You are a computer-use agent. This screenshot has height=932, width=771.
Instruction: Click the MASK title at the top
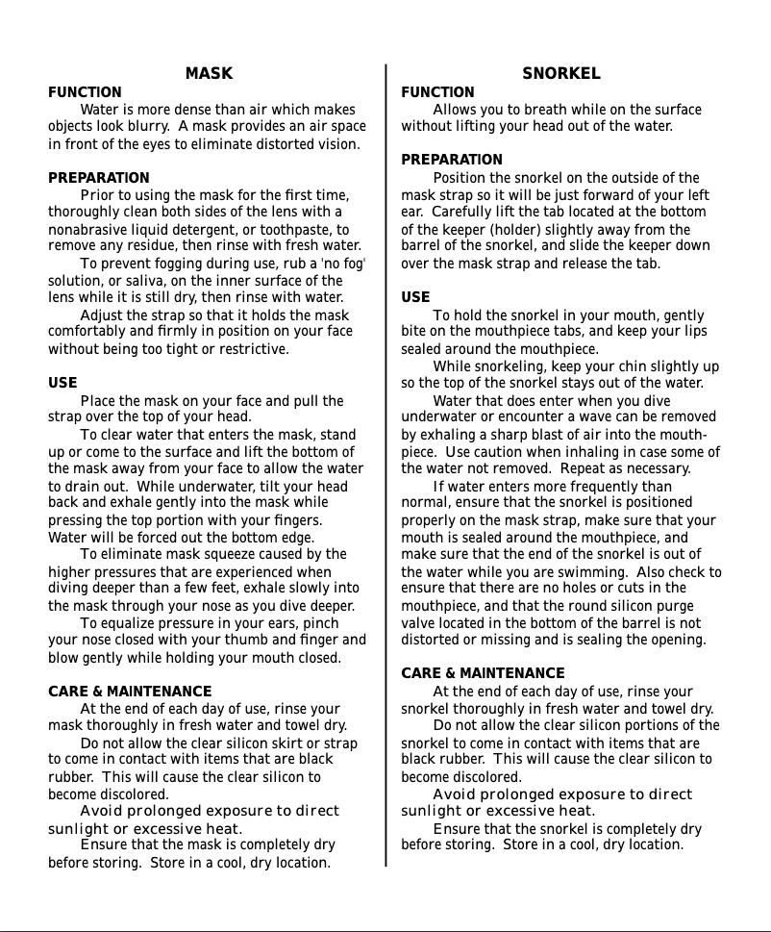point(209,73)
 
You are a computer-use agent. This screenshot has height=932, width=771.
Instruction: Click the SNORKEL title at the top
point(561,73)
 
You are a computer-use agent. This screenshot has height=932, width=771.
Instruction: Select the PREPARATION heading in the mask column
point(99,178)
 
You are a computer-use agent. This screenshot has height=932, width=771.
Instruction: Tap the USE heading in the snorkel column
point(415,297)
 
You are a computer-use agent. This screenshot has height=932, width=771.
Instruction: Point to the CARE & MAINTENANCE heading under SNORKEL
point(483,673)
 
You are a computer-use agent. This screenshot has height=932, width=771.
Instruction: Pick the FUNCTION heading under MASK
point(85,92)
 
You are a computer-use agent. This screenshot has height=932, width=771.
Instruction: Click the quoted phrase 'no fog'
point(342,264)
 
